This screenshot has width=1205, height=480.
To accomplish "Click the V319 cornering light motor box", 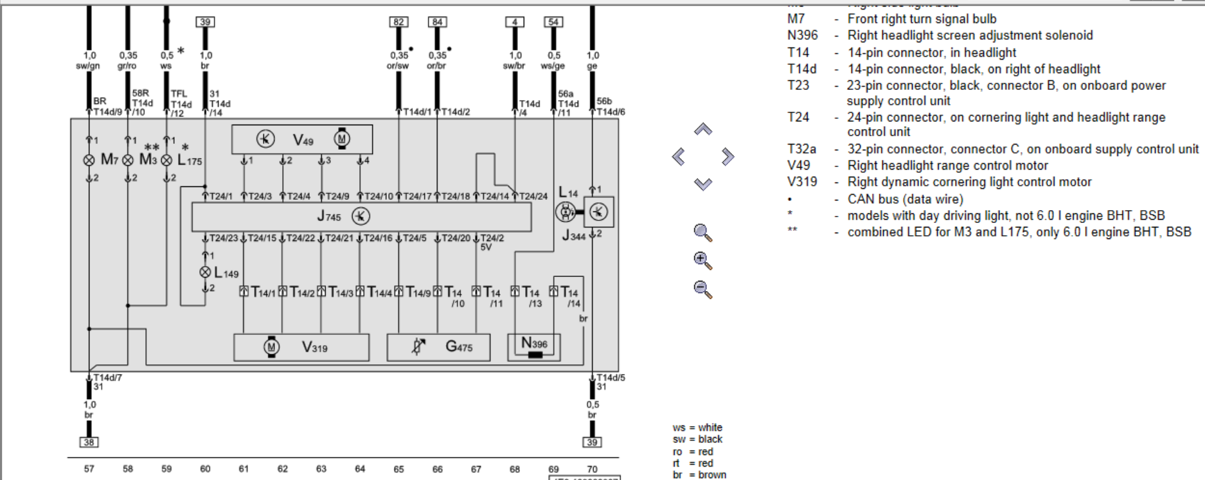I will tap(301, 347).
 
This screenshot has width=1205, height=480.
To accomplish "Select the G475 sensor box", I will tap(438, 347).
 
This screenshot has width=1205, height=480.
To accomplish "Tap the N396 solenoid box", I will tap(534, 347).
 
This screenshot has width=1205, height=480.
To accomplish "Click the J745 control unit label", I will tap(329, 217).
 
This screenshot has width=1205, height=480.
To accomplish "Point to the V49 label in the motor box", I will tap(303, 139).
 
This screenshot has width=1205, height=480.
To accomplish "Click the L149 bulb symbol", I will tap(205, 272).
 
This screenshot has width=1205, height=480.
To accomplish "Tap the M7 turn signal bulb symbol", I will tap(89, 160).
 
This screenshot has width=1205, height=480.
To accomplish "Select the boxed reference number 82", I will tap(398, 22).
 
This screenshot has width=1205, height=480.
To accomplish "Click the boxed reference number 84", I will tap(437, 22).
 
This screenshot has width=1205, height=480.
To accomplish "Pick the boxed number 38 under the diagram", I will tap(89, 442).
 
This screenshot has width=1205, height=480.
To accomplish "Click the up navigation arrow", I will tap(703, 129).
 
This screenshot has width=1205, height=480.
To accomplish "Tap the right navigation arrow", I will tap(727, 156).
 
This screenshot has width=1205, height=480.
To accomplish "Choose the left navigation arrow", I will tap(679, 156).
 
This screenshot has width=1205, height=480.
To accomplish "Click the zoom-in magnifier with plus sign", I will tap(702, 260).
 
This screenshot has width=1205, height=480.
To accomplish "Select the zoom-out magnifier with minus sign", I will tap(702, 289).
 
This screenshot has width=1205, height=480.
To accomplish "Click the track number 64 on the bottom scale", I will tap(360, 469).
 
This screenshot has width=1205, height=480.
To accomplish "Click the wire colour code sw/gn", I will tap(88, 66).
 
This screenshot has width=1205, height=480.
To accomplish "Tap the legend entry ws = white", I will tap(697, 427).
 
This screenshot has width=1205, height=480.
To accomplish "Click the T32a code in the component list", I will tap(801, 149).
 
